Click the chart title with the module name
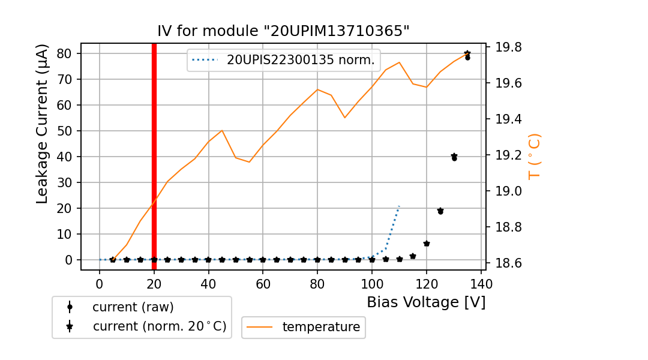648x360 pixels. click(x=283, y=31)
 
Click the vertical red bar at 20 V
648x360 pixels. click(x=154, y=156)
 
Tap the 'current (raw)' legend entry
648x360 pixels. click(x=133, y=307)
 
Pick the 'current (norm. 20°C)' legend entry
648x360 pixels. click(x=159, y=327)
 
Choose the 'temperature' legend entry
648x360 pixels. click(x=321, y=327)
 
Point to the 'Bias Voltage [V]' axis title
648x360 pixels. click(x=426, y=302)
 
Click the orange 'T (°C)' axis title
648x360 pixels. click(x=535, y=156)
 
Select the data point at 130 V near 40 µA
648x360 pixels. click(x=454, y=157)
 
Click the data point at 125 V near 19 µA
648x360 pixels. click(x=440, y=211)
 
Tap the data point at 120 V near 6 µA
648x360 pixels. click(x=427, y=244)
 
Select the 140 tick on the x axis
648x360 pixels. click(x=481, y=283)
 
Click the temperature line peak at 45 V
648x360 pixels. click(x=222, y=130)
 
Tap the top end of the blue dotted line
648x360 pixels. click(x=399, y=206)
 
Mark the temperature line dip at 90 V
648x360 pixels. click(x=345, y=117)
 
